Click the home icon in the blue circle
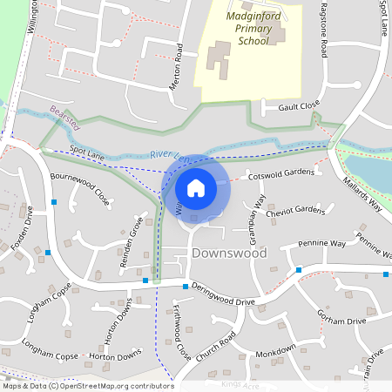tap(196, 188)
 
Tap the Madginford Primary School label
tap(247, 28)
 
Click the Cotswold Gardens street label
tap(280, 172)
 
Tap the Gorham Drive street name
tap(341, 319)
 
